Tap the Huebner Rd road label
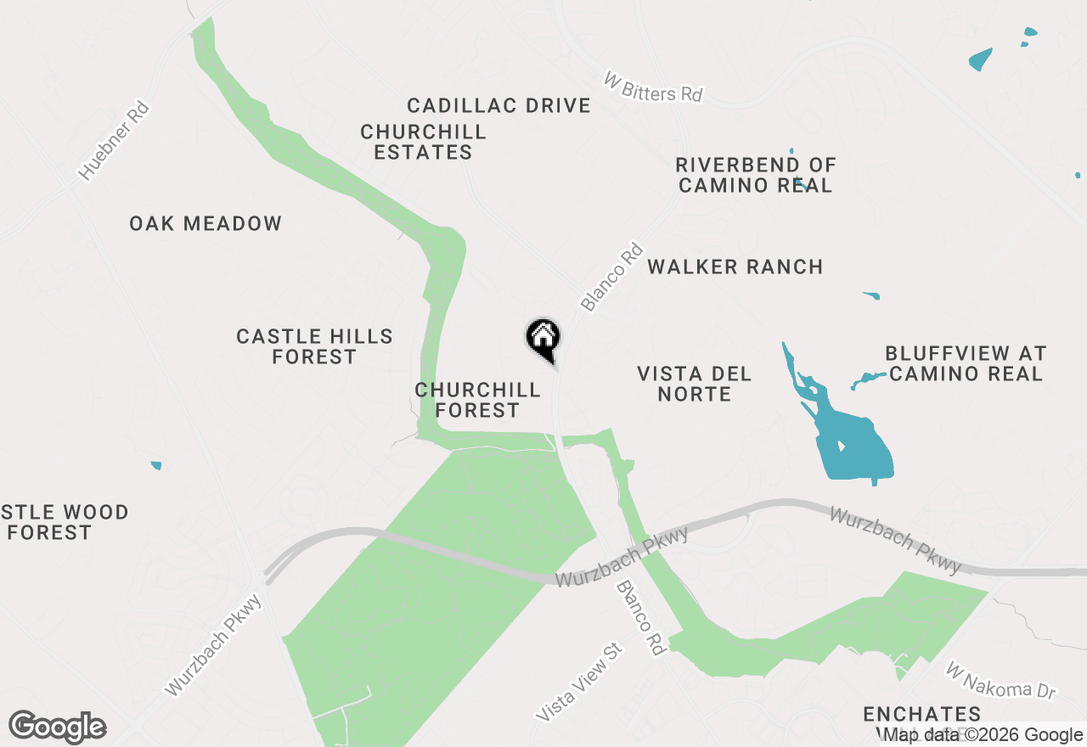click(x=114, y=142)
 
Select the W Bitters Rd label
click(x=653, y=87)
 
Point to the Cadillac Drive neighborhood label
click(x=498, y=105)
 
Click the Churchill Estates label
click(x=423, y=142)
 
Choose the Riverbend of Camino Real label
click(x=756, y=175)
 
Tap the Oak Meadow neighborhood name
click(x=206, y=223)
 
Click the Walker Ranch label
click(x=735, y=267)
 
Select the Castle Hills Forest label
click(x=314, y=346)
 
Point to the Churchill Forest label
click(x=477, y=400)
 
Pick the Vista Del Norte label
click(x=695, y=384)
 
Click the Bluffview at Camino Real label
click(x=966, y=363)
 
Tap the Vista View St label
click(x=579, y=682)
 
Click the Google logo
click(x=58, y=727)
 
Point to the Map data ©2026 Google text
click(x=983, y=735)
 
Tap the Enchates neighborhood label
click(x=921, y=714)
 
